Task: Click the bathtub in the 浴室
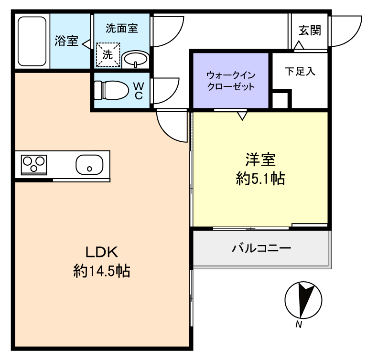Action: pyautogui.click(x=32, y=41)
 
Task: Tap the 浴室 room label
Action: pyautogui.click(x=66, y=41)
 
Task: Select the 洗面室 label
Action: pyautogui.click(x=122, y=28)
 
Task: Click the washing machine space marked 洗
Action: pyautogui.click(x=108, y=55)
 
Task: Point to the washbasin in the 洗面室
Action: pyautogui.click(x=136, y=59)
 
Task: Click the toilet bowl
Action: pyautogui.click(x=111, y=91)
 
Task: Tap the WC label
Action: pyautogui.click(x=139, y=91)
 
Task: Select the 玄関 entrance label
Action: pyautogui.click(x=310, y=31)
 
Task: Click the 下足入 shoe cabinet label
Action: pyautogui.click(x=300, y=71)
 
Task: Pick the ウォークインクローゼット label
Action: pyautogui.click(x=231, y=81)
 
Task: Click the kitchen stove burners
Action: pyautogui.click(x=34, y=165)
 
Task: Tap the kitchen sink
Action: pyautogui.click(x=89, y=165)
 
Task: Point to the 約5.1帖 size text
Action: pyautogui.click(x=260, y=179)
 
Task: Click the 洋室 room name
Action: pyautogui.click(x=260, y=159)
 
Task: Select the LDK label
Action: pyautogui.click(x=102, y=252)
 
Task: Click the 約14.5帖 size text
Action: pyautogui.click(x=102, y=271)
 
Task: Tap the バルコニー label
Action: pyautogui.click(x=261, y=248)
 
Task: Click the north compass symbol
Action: pyautogui.click(x=303, y=300)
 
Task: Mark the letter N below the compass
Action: pyautogui.click(x=299, y=325)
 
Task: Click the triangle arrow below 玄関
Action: pyautogui.click(x=299, y=45)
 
